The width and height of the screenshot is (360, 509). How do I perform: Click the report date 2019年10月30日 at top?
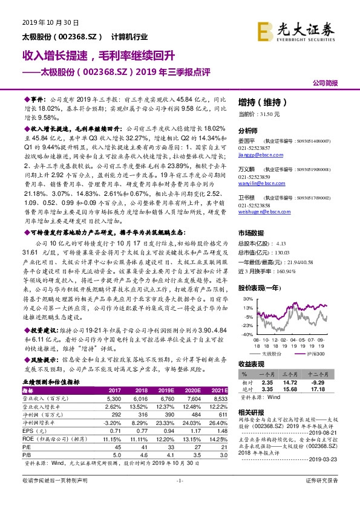point(51,22)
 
